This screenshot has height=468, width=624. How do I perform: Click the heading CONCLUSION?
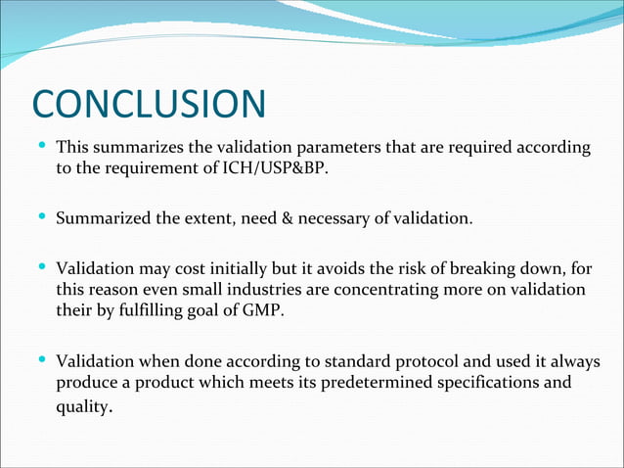point(149,106)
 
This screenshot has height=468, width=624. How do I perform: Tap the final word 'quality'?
point(80,408)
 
